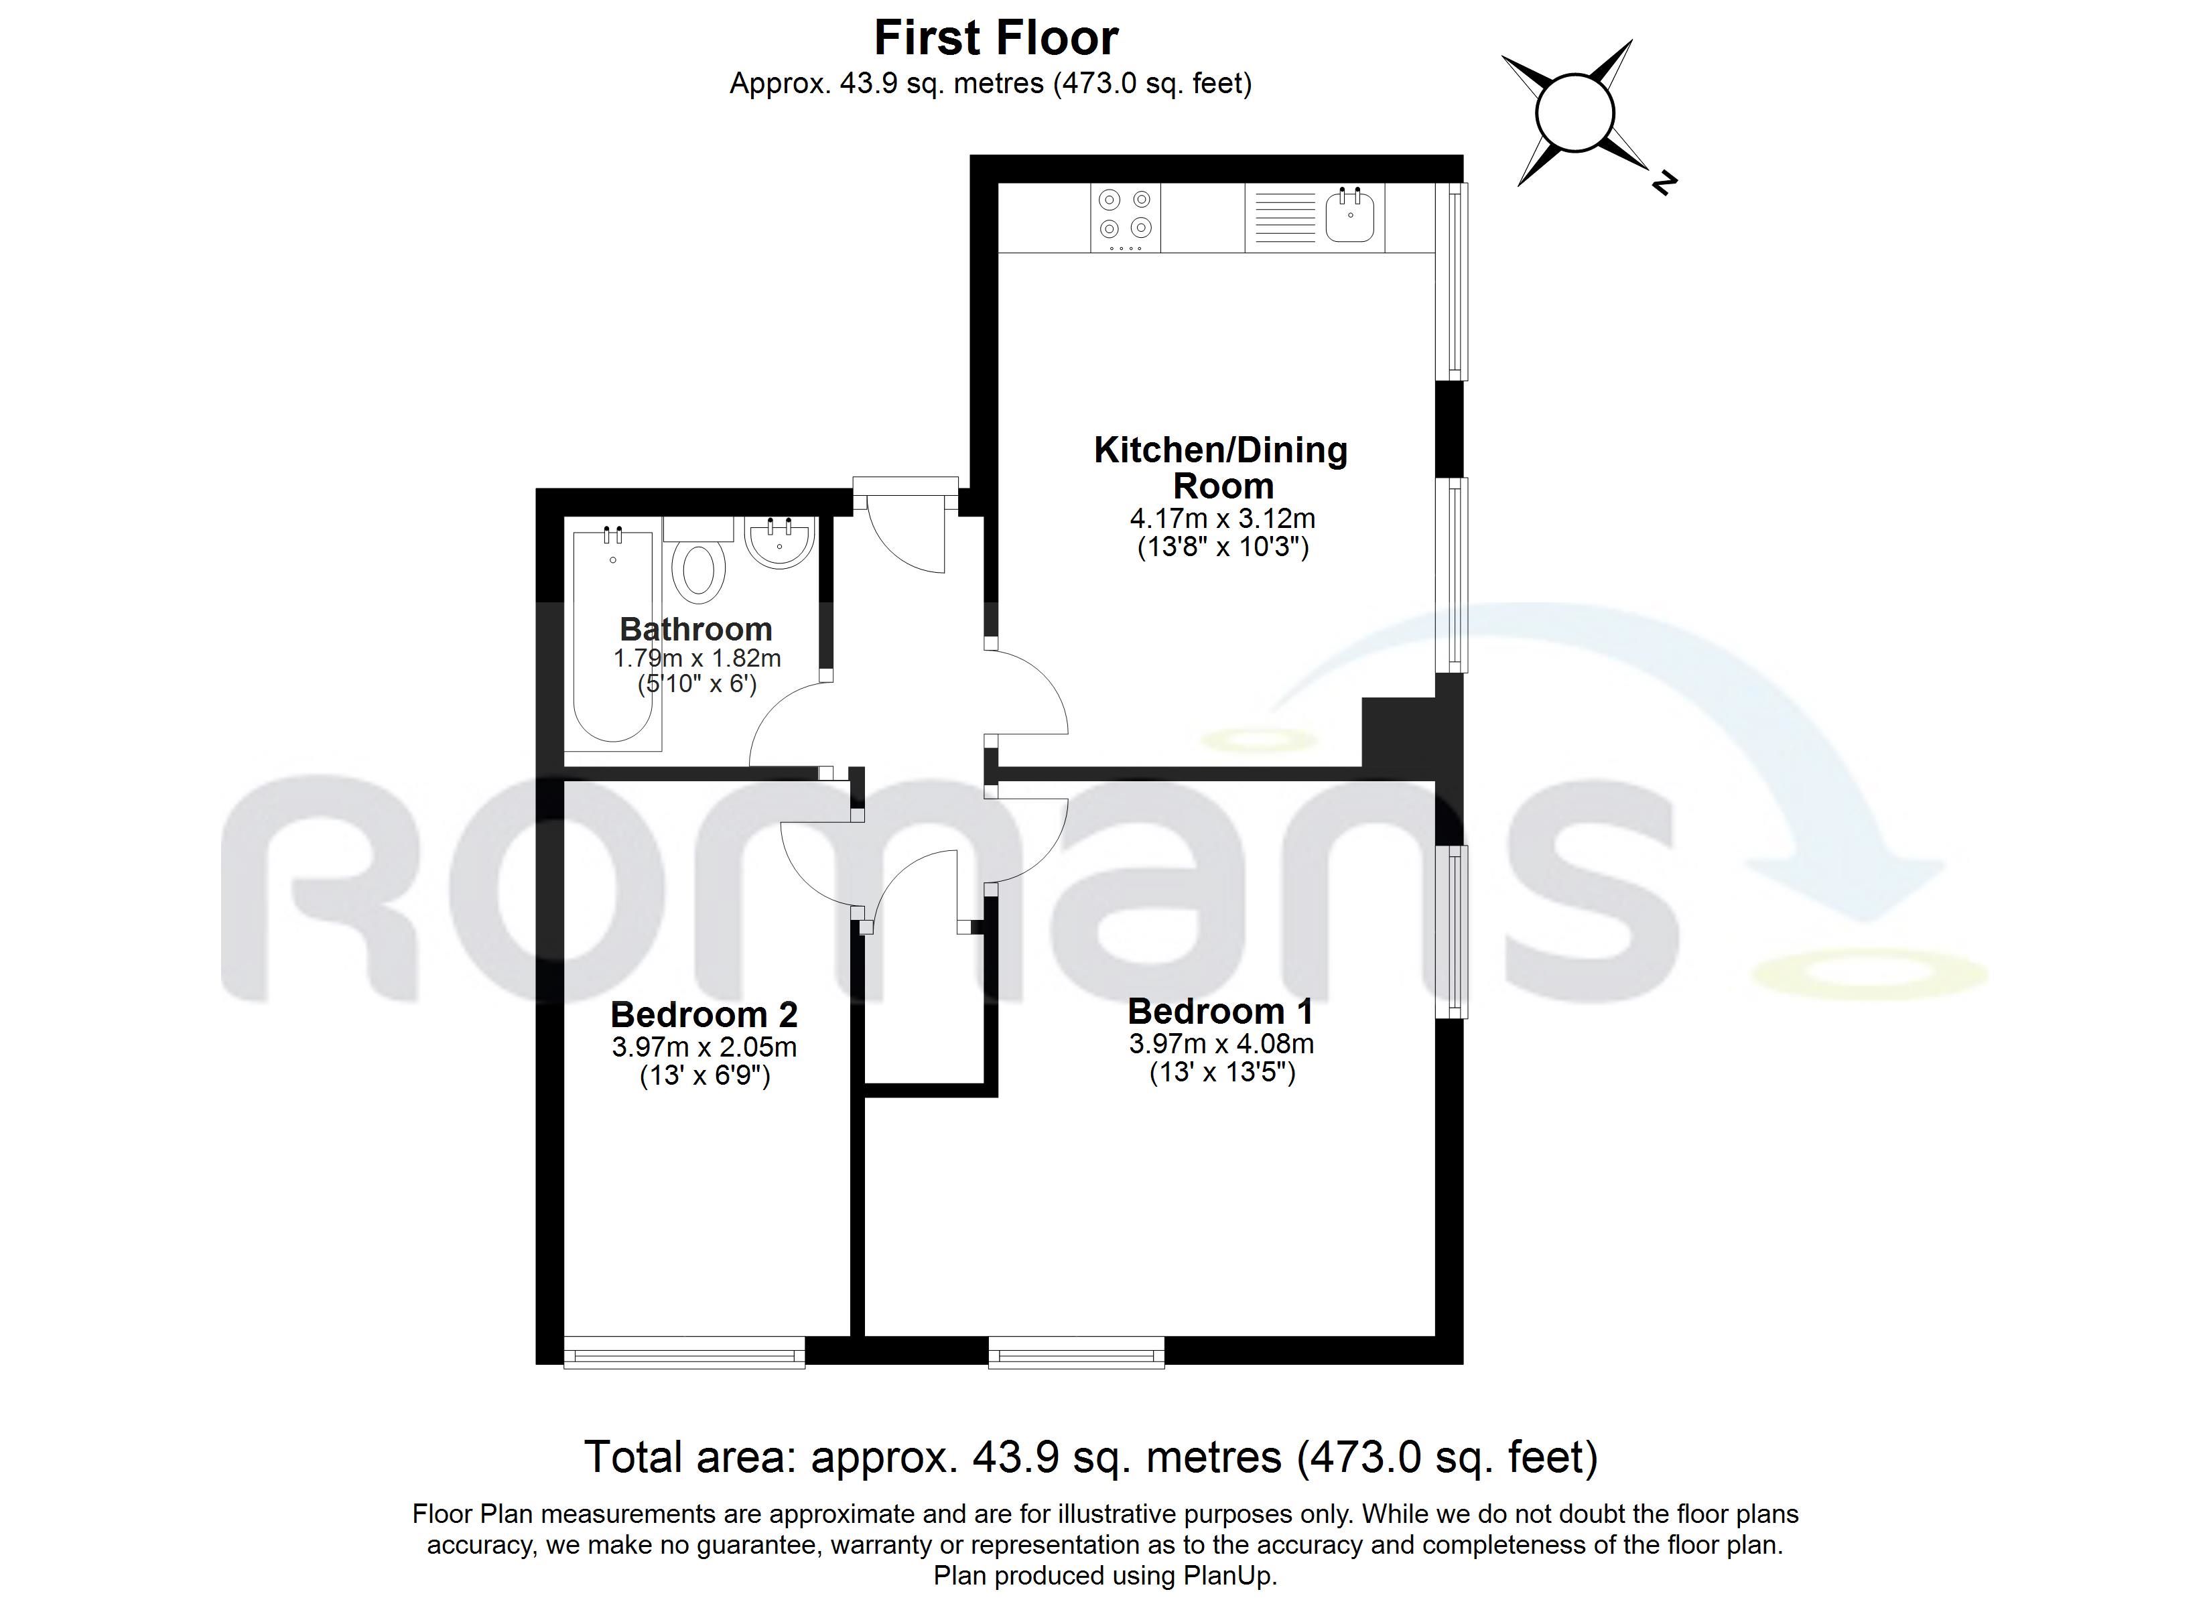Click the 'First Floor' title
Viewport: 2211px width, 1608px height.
(996, 38)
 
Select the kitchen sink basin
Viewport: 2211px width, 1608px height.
(1350, 216)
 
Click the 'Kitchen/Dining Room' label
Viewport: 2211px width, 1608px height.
(1221, 467)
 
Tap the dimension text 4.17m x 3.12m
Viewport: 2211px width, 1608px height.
(1223, 518)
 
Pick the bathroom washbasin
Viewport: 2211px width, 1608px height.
(779, 541)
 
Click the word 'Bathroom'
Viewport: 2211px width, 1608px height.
(696, 629)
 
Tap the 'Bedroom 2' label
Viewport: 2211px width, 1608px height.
(704, 1015)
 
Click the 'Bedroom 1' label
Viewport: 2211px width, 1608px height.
(1221, 1011)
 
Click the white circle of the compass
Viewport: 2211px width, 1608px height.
(1575, 112)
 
